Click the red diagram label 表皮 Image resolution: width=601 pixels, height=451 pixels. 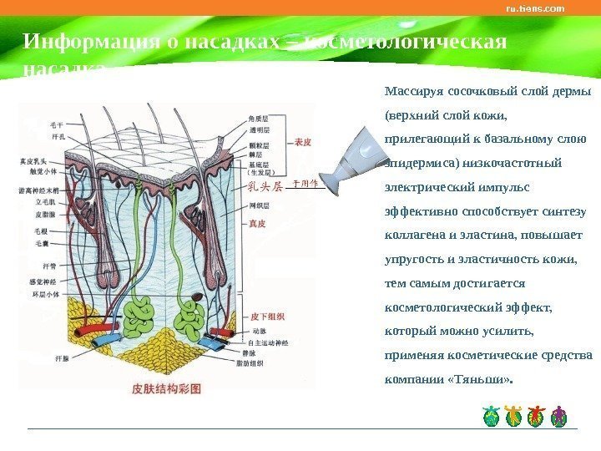pos(302,143)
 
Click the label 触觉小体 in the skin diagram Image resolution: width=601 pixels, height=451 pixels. pos(43,171)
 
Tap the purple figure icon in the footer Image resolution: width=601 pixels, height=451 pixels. pos(559,415)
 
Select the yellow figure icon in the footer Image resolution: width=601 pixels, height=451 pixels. pos(513,415)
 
